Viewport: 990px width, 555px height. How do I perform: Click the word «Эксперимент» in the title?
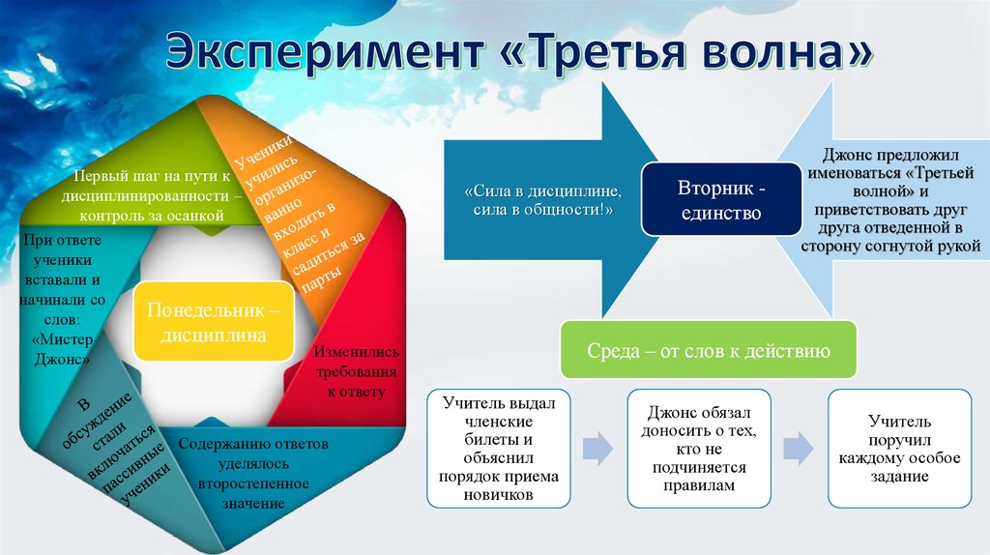pyautogui.click(x=325, y=51)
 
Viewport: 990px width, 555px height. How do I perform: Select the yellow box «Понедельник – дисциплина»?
pyautogui.click(x=214, y=322)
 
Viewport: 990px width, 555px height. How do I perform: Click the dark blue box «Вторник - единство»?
pyautogui.click(x=721, y=199)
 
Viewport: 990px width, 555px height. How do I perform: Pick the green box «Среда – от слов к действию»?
pyautogui.click(x=709, y=350)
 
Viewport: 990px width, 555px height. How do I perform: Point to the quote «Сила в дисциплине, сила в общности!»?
pyautogui.click(x=543, y=200)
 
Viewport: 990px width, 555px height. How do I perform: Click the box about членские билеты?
pyautogui.click(x=499, y=449)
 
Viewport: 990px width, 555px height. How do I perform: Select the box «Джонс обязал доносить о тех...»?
pyautogui.click(x=699, y=449)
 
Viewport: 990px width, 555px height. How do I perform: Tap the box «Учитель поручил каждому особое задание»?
pyautogui.click(x=900, y=449)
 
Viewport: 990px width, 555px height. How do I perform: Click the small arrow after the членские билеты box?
pyautogui.click(x=597, y=449)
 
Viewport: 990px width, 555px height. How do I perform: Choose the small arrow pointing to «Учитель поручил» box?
pyautogui.click(x=799, y=449)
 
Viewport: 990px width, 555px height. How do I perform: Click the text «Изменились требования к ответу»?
pyautogui.click(x=356, y=371)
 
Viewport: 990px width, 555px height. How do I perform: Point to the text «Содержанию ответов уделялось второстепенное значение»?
pyautogui.click(x=253, y=473)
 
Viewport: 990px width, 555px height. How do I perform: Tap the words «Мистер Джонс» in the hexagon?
pyautogui.click(x=62, y=349)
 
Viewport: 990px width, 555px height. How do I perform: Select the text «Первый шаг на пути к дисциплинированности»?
pyautogui.click(x=152, y=186)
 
